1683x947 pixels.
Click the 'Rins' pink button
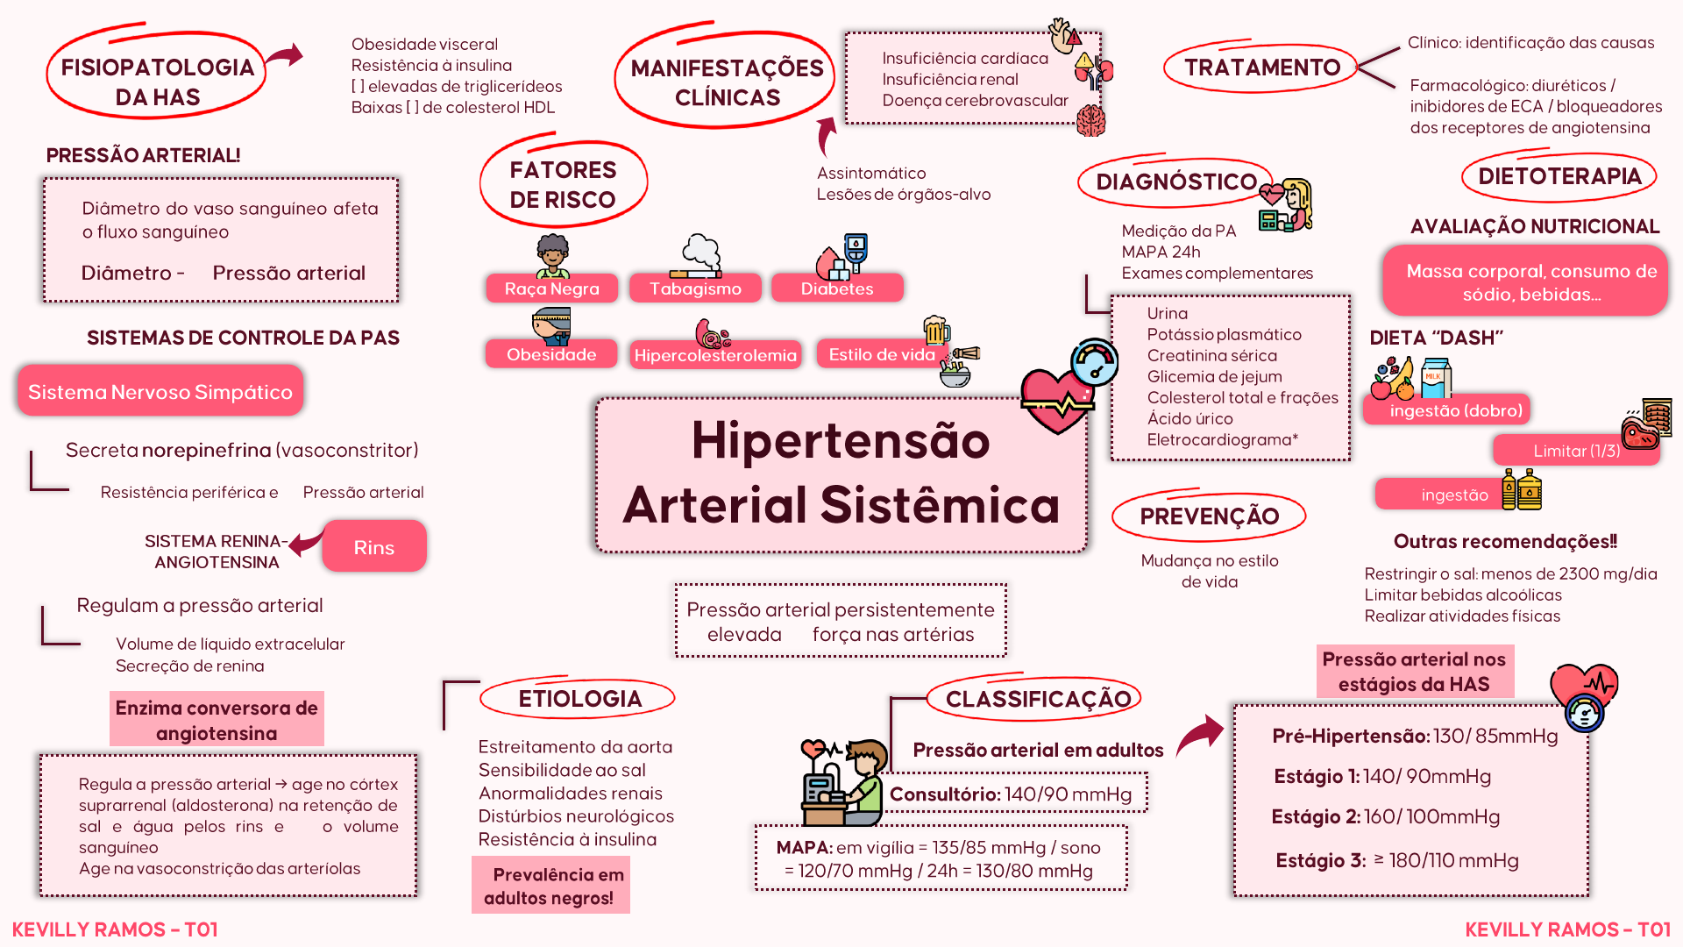pos(374,547)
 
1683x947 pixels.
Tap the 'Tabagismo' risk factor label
pos(695,288)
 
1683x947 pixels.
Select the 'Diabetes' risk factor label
pos(837,288)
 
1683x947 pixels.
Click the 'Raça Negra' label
pos(552,288)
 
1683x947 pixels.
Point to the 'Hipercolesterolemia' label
pos(715,355)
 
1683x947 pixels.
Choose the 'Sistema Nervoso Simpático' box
pos(160,392)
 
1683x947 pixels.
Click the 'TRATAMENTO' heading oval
pos(1261,68)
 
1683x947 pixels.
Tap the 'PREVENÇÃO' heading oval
pos(1209,516)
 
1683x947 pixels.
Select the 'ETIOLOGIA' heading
pos(579,699)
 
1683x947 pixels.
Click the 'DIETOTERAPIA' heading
pos(1559,176)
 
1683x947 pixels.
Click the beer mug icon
pos(936,330)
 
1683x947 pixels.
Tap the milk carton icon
pos(1435,377)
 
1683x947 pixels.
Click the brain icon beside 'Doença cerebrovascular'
pos(1090,120)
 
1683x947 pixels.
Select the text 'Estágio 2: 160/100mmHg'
pos(1385,817)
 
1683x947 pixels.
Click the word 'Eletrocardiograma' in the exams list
pos(1218,440)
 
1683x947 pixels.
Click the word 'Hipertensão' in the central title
pos(840,440)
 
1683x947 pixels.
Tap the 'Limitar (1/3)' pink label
pos(1576,451)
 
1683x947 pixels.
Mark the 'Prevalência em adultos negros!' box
pos(551,886)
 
